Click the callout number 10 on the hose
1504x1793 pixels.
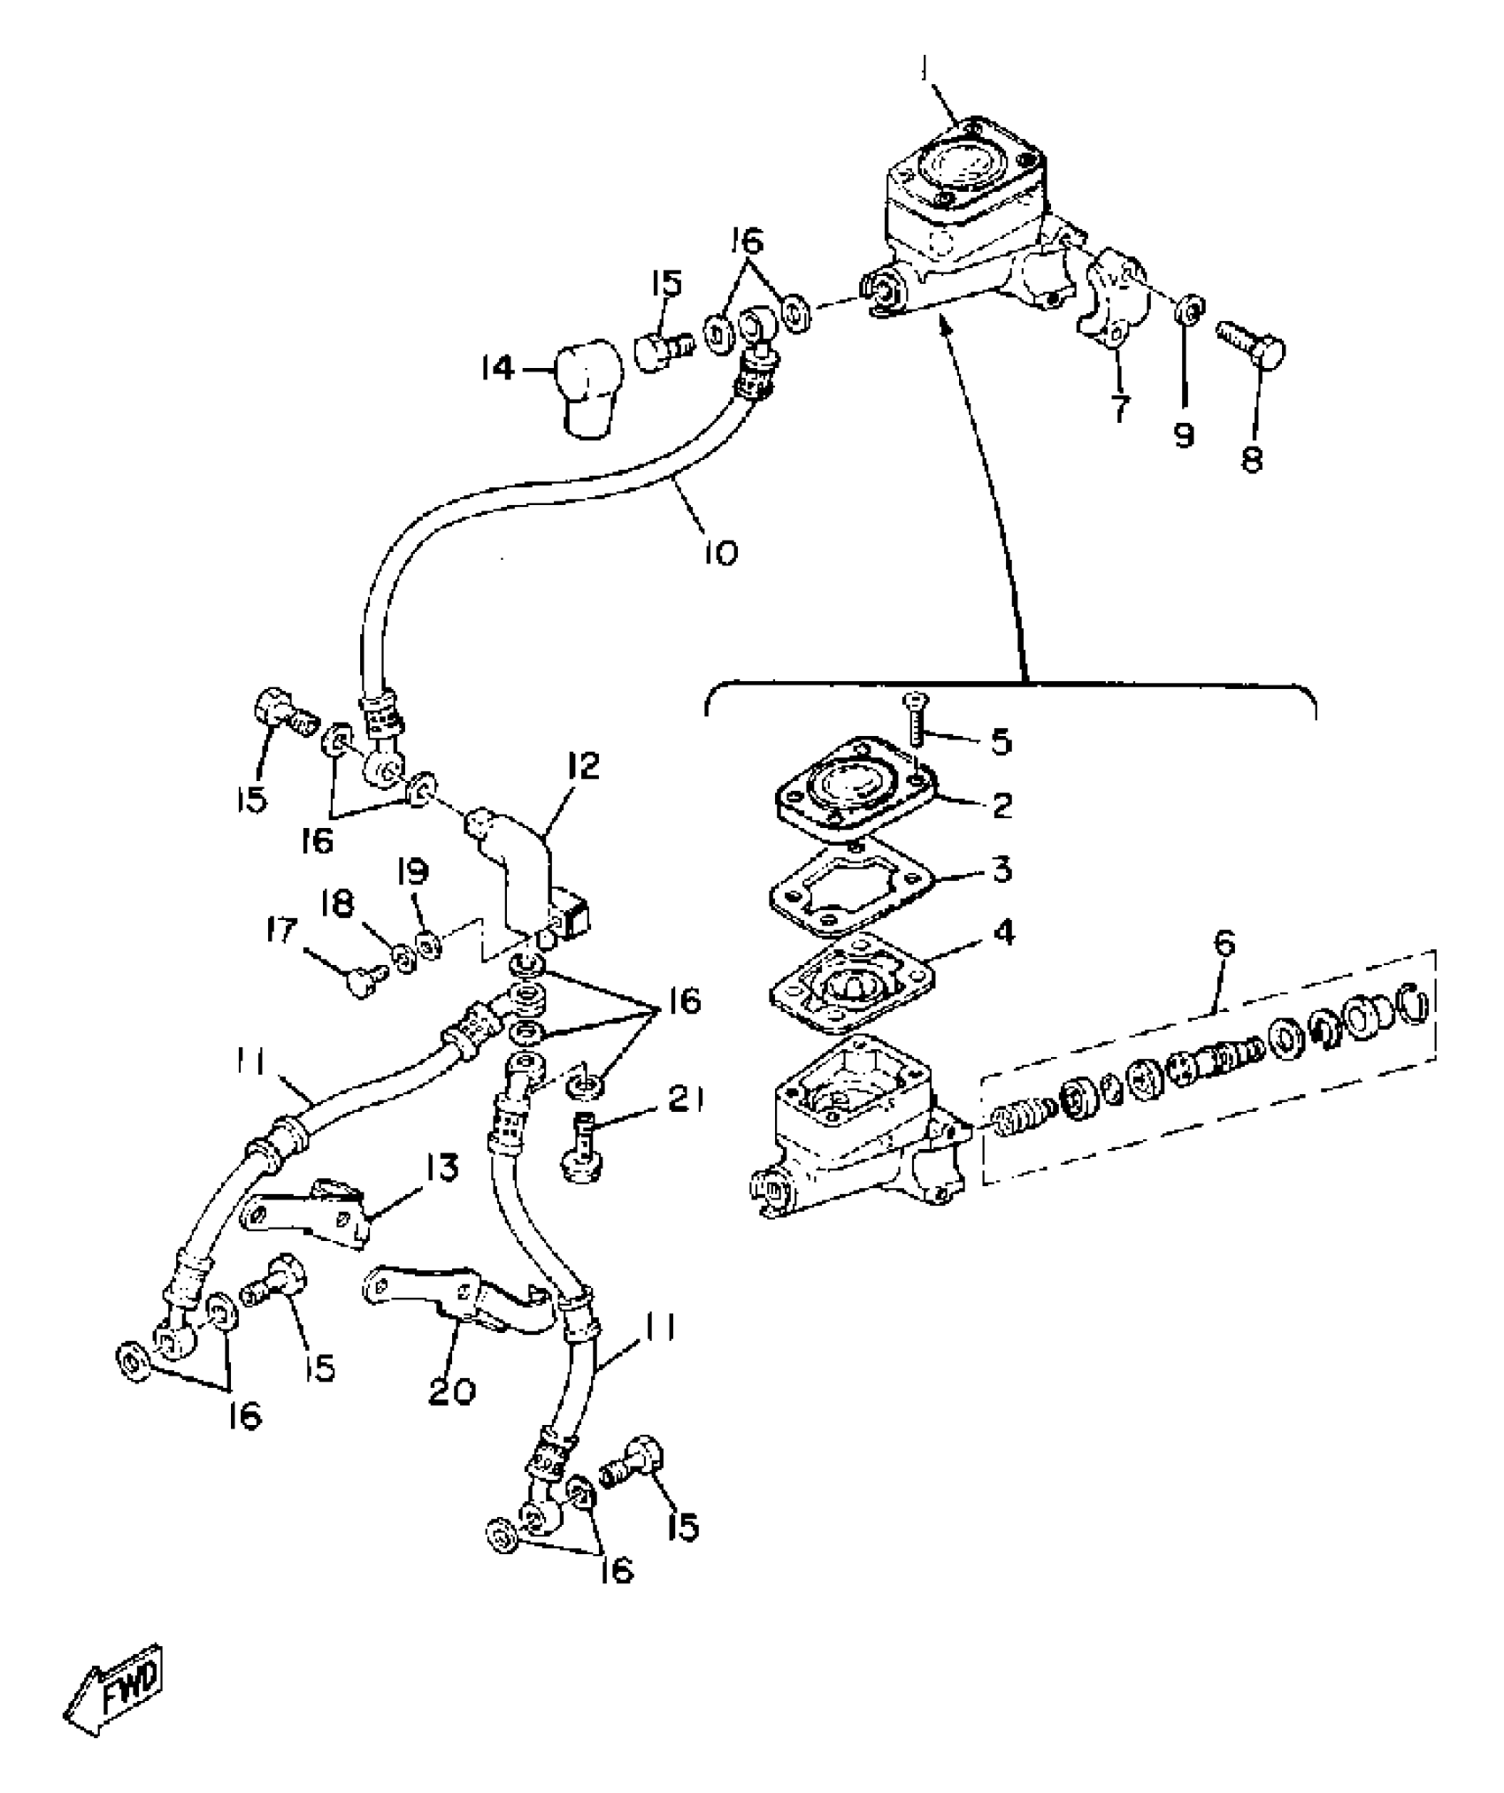click(721, 553)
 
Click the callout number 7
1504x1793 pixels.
click(1120, 408)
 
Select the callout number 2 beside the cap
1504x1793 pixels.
click(1001, 805)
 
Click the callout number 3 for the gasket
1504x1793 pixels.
click(1001, 870)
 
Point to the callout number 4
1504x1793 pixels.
click(1003, 934)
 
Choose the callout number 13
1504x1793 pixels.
click(442, 1169)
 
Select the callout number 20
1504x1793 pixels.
click(452, 1391)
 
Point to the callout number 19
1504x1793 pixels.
click(412, 872)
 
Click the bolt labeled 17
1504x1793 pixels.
click(363, 980)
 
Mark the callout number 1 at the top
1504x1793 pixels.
click(926, 69)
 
